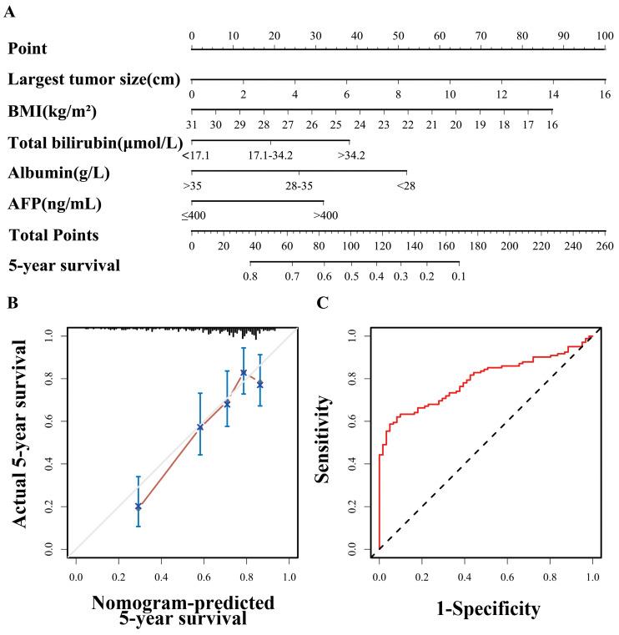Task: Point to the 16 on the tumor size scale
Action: point(606,94)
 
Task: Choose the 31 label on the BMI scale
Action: point(192,124)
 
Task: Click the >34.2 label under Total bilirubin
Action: point(350,155)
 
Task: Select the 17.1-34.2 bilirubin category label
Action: point(269,155)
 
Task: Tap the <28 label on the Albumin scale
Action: point(406,185)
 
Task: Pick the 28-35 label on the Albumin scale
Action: point(299,185)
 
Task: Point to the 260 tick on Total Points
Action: point(606,246)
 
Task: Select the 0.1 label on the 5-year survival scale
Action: point(459,276)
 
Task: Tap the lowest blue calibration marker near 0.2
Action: point(138,506)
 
